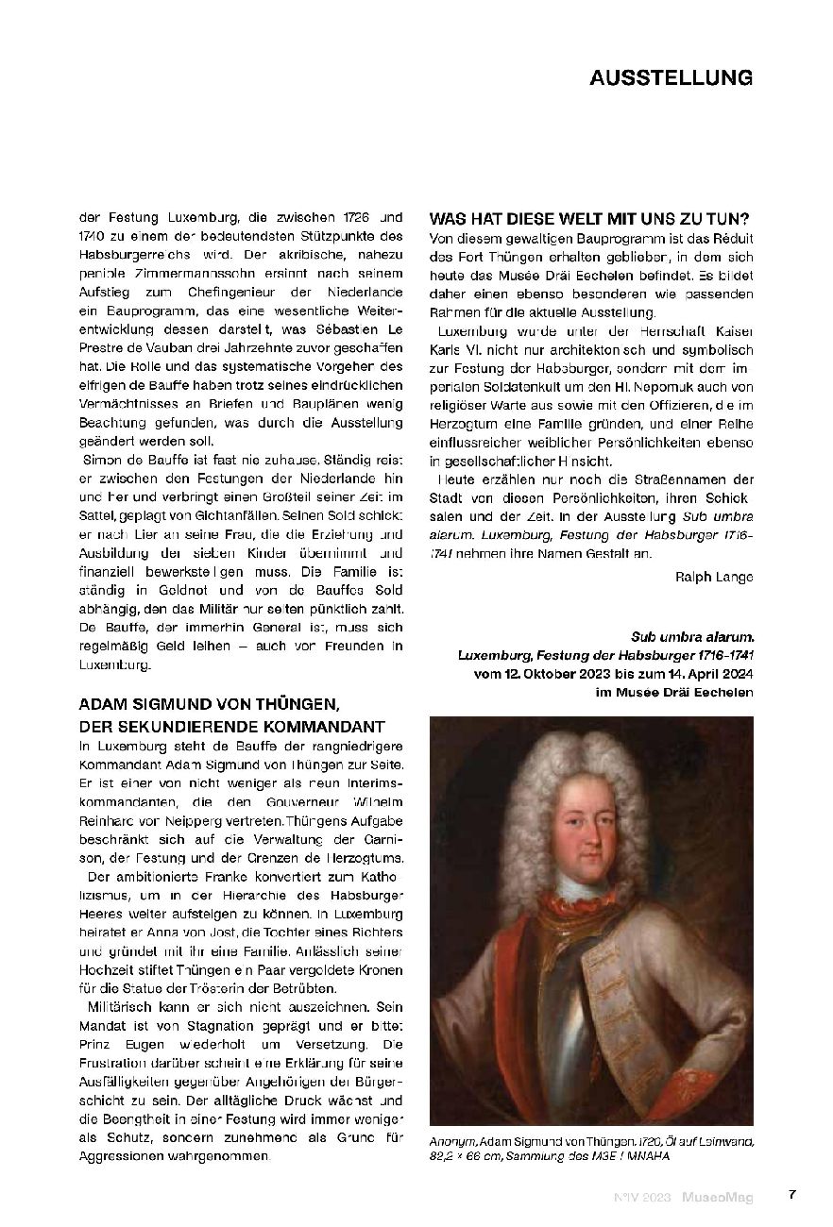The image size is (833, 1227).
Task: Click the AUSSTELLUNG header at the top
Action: coord(671,77)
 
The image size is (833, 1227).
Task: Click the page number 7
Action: coord(792,1194)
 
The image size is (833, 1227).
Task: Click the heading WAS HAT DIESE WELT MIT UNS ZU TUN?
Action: coord(590,217)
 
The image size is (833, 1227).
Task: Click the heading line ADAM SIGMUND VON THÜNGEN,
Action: coord(208,706)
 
